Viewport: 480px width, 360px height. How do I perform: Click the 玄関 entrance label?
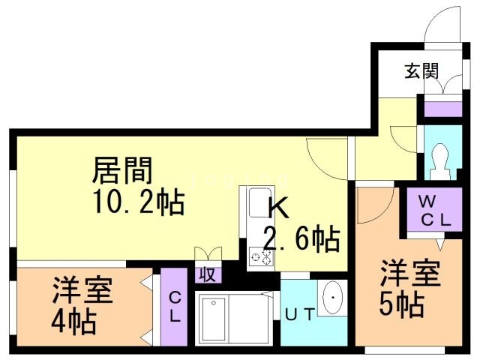tap(421, 71)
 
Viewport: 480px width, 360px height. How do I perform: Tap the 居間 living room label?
tap(122, 170)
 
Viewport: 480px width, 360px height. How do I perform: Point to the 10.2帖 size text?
tap(139, 202)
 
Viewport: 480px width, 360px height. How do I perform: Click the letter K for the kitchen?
tap(278, 208)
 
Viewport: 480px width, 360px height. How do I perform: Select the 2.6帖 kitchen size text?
tap(302, 239)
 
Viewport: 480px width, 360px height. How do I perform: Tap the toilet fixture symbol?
tap(440, 161)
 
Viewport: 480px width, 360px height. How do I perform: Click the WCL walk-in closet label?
tap(435, 210)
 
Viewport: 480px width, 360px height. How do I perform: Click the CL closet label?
tap(175, 307)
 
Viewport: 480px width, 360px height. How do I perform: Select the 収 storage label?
tap(208, 274)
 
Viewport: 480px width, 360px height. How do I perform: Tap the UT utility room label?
tap(300, 314)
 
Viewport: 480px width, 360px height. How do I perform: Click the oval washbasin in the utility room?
tap(332, 297)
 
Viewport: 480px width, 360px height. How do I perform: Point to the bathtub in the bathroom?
tap(214, 319)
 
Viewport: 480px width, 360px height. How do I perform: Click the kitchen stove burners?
tap(261, 256)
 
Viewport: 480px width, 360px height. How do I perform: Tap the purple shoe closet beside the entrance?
tap(443, 109)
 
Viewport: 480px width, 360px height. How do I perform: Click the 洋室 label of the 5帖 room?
tap(410, 273)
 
